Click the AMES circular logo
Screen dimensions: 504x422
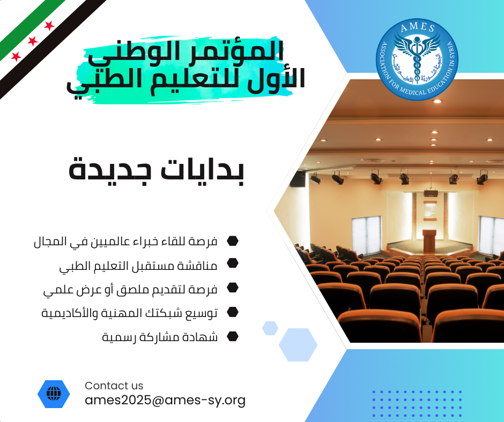coord(417,59)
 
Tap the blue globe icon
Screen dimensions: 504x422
coord(54,394)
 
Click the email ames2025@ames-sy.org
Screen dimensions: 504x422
coord(165,400)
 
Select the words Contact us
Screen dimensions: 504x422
coord(114,386)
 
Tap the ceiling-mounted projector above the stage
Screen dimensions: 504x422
coord(431,193)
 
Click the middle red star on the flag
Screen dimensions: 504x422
coord(33,41)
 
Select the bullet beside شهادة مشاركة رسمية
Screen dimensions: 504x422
coord(232,336)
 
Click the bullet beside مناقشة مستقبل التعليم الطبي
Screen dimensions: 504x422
coord(232,263)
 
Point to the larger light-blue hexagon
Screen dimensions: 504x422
coord(298,344)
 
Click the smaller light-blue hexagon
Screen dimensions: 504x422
coord(270,328)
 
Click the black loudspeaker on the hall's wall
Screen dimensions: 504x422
coord(298,178)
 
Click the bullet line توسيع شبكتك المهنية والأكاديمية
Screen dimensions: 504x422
coord(130,313)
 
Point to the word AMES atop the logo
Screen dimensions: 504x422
coord(418,27)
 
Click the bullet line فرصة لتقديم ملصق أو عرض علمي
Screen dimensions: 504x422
coord(130,290)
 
